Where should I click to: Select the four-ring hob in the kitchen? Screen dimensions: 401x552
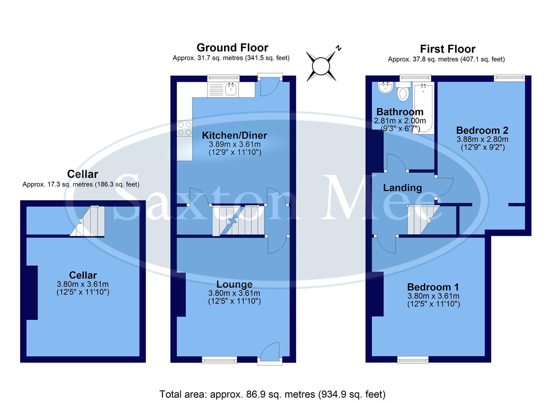184,128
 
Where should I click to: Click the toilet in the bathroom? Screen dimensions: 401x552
402,93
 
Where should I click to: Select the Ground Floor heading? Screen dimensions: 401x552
232,48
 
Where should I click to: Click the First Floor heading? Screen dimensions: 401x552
448,49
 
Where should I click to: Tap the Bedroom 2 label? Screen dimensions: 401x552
482,130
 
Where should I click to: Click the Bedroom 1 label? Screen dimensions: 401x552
433,287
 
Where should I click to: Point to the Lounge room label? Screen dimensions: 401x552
234,284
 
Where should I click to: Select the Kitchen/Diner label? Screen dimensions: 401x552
234,136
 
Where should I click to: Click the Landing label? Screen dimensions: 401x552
402,188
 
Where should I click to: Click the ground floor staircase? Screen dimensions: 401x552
238,221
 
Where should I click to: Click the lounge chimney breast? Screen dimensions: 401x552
181,294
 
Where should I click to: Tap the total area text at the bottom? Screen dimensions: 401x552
272,394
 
